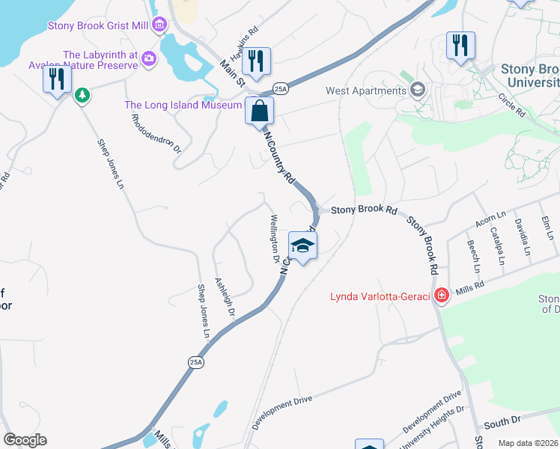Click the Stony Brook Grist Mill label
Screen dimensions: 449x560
click(98, 25)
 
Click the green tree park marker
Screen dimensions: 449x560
click(82, 95)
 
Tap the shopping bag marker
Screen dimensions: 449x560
click(259, 111)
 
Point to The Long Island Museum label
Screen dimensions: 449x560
click(183, 105)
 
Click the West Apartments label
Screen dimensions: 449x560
click(365, 91)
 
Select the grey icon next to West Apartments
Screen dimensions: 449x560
click(418, 91)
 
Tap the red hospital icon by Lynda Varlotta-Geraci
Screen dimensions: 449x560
click(442, 296)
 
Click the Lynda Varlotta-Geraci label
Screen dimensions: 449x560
click(380, 297)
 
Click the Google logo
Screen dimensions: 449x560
click(25, 439)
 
